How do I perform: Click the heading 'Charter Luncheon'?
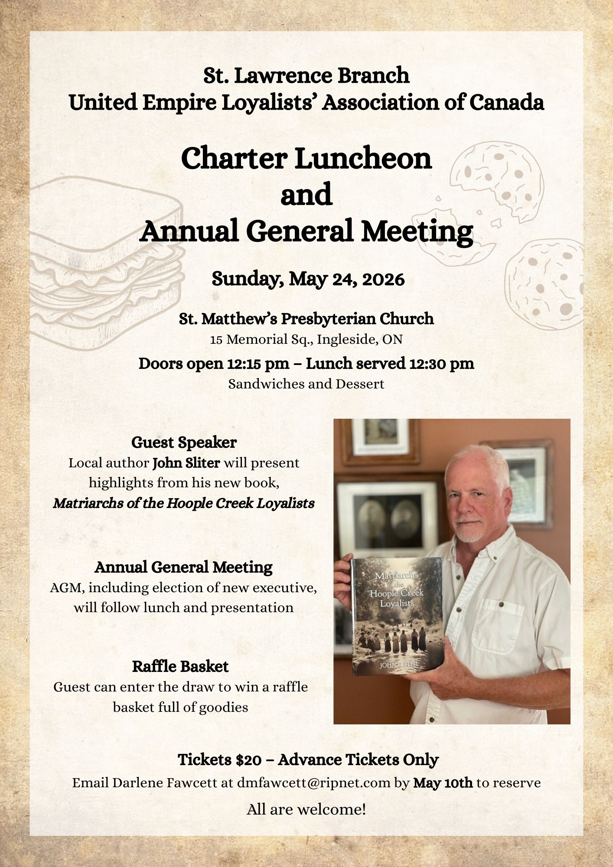pyautogui.click(x=306, y=159)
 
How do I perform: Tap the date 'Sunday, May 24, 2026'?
pyautogui.click(x=308, y=279)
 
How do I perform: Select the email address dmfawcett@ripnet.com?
pyautogui.click(x=314, y=783)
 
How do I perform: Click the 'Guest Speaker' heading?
pyautogui.click(x=184, y=443)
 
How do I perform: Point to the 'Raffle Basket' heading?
pyautogui.click(x=180, y=666)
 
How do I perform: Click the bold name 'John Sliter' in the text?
pyautogui.click(x=186, y=463)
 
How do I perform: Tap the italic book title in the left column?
pyautogui.click(x=184, y=503)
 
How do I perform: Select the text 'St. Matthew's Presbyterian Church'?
pyautogui.click(x=306, y=319)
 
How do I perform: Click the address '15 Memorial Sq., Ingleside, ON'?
pyautogui.click(x=306, y=339)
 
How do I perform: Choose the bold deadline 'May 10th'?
pyautogui.click(x=443, y=783)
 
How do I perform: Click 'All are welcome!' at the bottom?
pyautogui.click(x=306, y=809)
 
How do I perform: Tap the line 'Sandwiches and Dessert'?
pyautogui.click(x=306, y=384)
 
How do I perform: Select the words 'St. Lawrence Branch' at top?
pyautogui.click(x=306, y=75)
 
